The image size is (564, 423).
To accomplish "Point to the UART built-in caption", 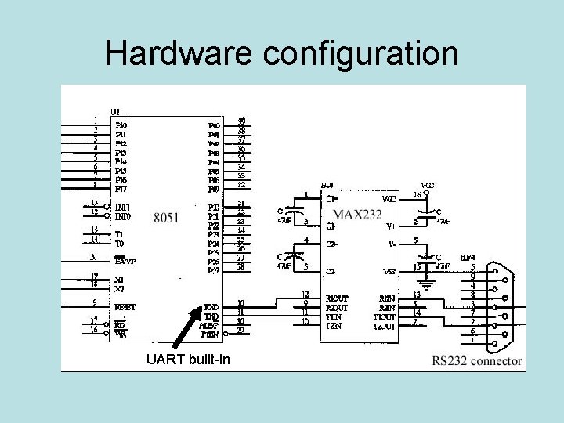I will [188, 360].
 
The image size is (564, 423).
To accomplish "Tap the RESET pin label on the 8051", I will [125, 307].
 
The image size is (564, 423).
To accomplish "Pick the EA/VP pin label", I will [125, 261].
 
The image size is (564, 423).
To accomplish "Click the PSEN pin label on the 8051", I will [209, 335].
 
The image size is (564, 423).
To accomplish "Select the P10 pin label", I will [121, 125].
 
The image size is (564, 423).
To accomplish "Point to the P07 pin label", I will [214, 190].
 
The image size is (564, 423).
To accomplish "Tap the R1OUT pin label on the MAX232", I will [337, 298].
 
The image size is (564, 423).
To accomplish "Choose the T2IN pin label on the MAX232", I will [334, 326].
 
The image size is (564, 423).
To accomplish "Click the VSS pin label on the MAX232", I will [389, 271].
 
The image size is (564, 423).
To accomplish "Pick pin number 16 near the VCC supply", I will [417, 194].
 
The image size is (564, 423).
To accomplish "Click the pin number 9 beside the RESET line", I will [95, 302].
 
